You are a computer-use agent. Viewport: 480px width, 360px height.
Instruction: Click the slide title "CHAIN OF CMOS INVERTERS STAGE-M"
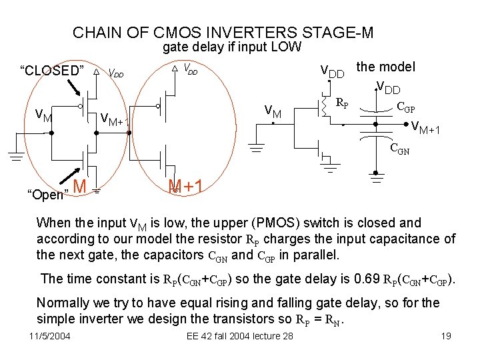[x=223, y=32]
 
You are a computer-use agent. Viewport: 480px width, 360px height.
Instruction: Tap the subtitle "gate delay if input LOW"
[x=232, y=47]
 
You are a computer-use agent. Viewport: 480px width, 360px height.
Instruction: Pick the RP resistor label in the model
[x=340, y=103]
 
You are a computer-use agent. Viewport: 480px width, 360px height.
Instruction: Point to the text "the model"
[x=386, y=67]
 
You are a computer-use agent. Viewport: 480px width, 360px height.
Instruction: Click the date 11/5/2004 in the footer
[x=50, y=335]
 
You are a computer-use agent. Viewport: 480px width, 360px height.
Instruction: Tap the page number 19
[x=446, y=335]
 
